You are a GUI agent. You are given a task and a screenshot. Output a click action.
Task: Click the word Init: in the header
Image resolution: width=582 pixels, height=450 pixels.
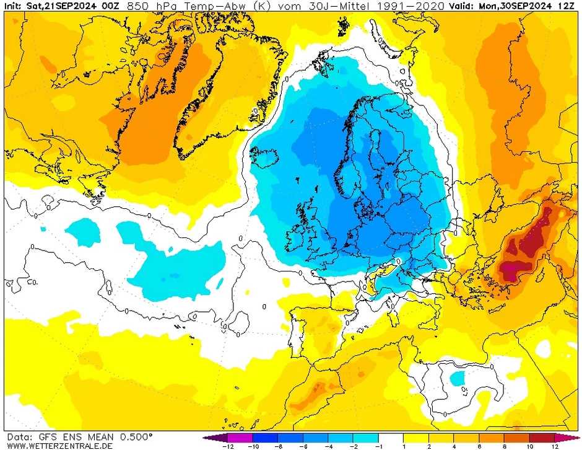coord(14,6)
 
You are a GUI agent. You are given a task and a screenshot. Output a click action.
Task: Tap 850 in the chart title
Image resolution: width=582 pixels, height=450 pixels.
coord(136,6)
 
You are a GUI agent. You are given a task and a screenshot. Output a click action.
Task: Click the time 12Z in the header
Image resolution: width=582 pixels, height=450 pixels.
coord(568,6)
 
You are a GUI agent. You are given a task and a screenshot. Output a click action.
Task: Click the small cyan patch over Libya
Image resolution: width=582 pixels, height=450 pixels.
coord(458,377)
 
